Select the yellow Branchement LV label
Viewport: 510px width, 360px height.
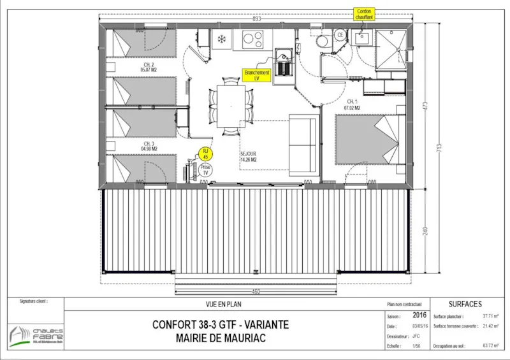(x=257, y=76)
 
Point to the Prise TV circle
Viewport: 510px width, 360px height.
(x=206, y=169)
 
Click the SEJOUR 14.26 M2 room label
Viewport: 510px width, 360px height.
(x=249, y=157)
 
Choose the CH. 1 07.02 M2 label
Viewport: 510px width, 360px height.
(x=354, y=105)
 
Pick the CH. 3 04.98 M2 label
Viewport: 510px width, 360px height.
(x=149, y=146)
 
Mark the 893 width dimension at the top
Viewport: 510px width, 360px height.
(x=258, y=19)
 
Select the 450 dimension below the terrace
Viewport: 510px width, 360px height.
(x=255, y=292)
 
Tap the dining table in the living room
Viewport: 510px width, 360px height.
(x=230, y=104)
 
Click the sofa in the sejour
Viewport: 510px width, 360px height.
(x=304, y=145)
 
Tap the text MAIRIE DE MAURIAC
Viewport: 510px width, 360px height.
(x=221, y=338)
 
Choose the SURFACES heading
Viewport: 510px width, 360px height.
(x=465, y=304)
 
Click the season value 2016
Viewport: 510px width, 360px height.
(x=419, y=315)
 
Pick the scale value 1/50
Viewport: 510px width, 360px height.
(x=417, y=346)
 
